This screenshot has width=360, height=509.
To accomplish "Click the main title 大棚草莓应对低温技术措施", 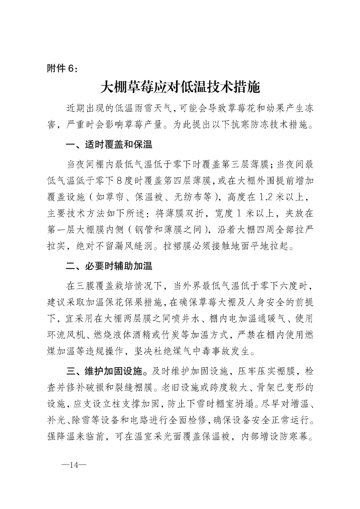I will pos(180,86).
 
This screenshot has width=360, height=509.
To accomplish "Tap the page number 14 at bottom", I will pos(72,465).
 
